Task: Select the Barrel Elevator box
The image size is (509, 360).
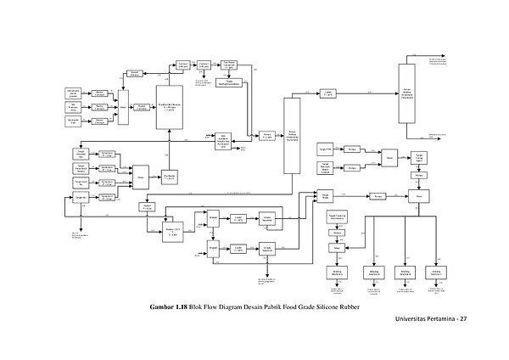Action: tap(134, 75)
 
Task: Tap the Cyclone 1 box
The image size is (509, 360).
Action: tap(184, 65)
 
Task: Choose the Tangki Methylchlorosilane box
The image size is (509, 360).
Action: tap(232, 82)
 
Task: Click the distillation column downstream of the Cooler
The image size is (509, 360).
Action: tap(407, 95)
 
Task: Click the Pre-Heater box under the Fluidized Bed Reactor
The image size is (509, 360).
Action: tap(170, 177)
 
